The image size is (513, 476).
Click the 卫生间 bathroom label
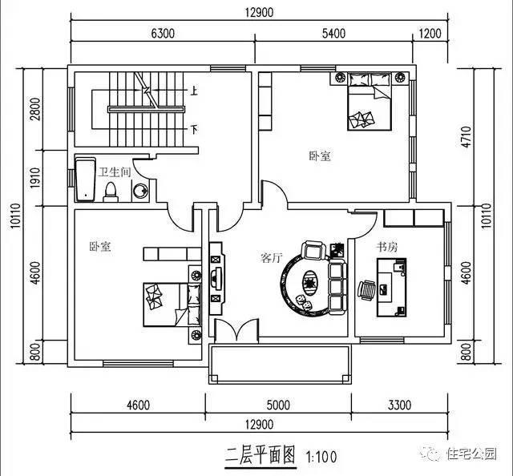click(114, 171)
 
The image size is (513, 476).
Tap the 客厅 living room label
click(271, 258)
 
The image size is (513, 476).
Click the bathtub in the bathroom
click(84, 180)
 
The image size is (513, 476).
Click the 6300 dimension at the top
click(163, 34)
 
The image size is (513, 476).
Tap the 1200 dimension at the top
click(430, 34)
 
